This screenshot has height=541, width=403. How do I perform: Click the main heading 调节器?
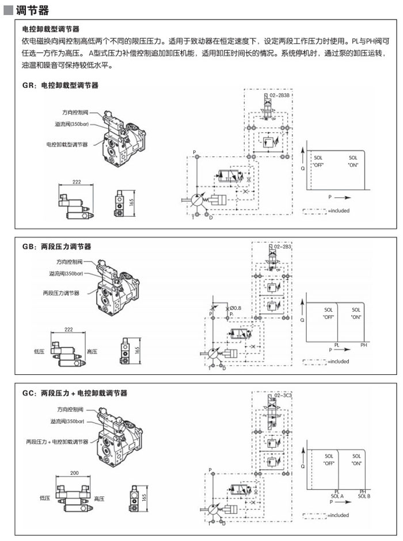tap(33, 11)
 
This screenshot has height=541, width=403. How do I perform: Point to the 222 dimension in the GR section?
tap(77, 182)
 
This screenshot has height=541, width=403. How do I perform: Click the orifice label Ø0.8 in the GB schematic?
tap(235, 308)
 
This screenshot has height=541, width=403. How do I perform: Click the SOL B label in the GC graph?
tap(364, 496)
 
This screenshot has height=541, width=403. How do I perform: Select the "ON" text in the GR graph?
tap(353, 165)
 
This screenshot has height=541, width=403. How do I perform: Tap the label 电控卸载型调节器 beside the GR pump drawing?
tap(67, 144)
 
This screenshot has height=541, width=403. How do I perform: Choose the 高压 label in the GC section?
tap(98, 498)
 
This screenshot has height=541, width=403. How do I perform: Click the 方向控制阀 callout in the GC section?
tap(70, 410)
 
